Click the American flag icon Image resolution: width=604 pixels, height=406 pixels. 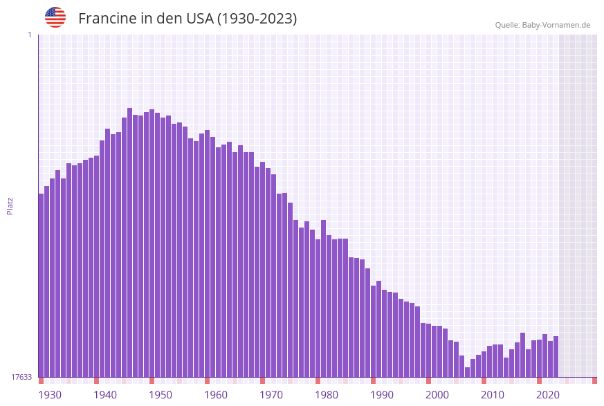point(55,17)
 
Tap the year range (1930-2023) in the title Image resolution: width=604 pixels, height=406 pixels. point(257,19)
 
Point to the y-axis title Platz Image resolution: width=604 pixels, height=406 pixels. point(10,205)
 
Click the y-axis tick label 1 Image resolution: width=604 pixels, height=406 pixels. point(30,35)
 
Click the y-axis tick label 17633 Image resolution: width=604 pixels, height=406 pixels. point(21,377)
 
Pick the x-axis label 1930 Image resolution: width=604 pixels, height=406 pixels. point(49,395)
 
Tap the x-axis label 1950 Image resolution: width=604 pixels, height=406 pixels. point(160,395)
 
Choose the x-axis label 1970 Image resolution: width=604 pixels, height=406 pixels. point(271,395)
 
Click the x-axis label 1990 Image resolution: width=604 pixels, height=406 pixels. point(381,395)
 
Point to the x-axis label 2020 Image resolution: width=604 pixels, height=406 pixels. point(547,395)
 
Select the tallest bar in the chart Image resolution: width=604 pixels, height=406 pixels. point(129,242)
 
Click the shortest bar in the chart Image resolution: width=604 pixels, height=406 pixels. point(467,372)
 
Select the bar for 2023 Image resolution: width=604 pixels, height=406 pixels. point(556,356)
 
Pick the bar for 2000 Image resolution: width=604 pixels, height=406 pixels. point(428,350)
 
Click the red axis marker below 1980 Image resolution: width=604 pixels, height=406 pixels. point(318,380)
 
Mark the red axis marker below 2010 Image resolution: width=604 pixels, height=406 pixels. point(484,380)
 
